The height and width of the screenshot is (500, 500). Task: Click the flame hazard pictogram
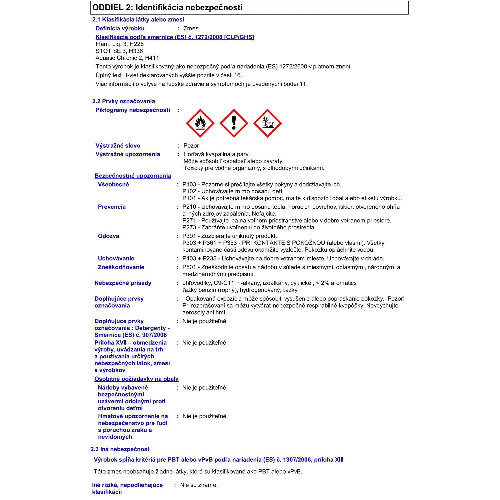coord(200,123)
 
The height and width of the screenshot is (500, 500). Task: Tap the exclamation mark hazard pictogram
coord(234,123)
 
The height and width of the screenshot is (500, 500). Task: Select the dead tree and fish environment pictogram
coord(267,123)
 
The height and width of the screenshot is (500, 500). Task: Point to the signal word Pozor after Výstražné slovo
coord(191,146)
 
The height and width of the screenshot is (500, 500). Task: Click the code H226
coord(136,44)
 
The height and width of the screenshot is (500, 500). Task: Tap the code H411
coord(152,58)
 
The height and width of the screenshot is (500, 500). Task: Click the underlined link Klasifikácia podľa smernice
coord(175,37)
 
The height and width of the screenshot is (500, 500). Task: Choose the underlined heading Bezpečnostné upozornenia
coord(133,176)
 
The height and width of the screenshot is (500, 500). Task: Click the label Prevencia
coord(112,207)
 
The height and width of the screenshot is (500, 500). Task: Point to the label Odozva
coord(108,236)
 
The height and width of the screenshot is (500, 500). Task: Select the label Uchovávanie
coord(116,258)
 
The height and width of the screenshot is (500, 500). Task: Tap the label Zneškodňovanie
coord(121,267)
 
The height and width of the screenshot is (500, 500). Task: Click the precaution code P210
coord(189,207)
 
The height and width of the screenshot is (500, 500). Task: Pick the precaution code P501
coord(189,267)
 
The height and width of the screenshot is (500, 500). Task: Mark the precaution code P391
coord(189,236)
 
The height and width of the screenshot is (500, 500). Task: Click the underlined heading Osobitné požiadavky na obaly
coord(136,379)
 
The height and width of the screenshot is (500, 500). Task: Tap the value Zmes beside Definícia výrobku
coord(191,28)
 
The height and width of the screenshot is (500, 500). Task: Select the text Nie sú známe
coord(199,485)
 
